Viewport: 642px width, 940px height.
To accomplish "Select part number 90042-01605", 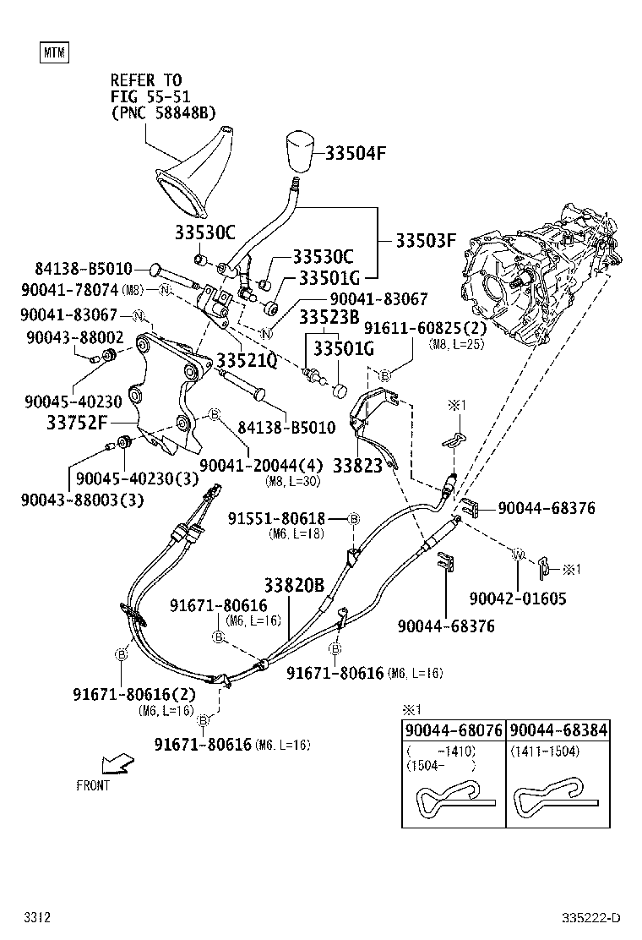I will pyautogui.click(x=517, y=598).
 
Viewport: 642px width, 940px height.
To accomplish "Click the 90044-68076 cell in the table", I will pyautogui.click(x=453, y=730).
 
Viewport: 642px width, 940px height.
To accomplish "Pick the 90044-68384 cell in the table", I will pyautogui.click(x=559, y=730).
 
